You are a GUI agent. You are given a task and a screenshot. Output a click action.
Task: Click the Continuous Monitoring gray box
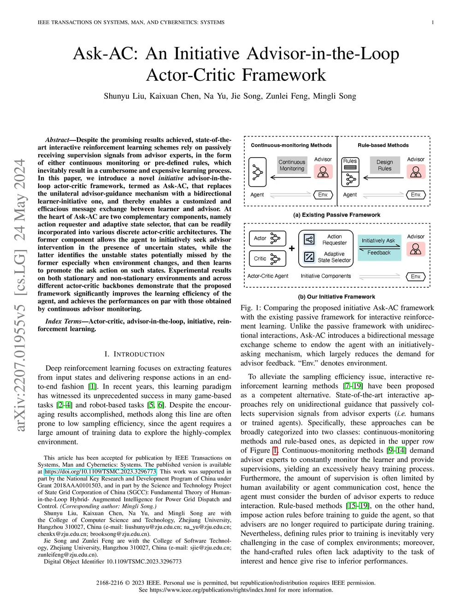click(x=292, y=166)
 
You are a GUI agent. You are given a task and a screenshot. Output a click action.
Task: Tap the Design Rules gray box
click(x=384, y=166)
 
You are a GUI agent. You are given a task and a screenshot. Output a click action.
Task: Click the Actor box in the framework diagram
click(x=267, y=238)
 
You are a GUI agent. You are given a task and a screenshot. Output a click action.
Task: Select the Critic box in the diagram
click(x=267, y=259)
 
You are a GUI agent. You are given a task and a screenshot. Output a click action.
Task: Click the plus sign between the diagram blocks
click(x=292, y=249)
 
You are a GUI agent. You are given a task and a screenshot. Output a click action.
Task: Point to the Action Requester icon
click(x=309, y=240)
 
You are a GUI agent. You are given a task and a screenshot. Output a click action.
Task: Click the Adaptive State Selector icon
click(x=309, y=257)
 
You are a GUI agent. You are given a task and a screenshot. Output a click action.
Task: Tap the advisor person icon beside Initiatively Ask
click(x=415, y=249)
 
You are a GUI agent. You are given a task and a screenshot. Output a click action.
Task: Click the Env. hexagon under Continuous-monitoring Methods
click(x=323, y=195)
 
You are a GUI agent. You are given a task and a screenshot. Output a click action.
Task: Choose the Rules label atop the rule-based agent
click(x=350, y=161)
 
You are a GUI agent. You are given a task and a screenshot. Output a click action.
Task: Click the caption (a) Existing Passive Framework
click(x=336, y=215)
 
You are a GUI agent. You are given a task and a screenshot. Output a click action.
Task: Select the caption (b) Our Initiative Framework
click(x=336, y=297)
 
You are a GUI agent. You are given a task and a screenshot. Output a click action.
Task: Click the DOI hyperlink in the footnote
click(x=100, y=472)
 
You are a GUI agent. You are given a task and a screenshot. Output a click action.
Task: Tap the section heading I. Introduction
click(x=134, y=354)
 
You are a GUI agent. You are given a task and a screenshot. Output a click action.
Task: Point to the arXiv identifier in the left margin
click(x=20, y=295)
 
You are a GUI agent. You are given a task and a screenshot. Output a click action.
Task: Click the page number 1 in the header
click(x=432, y=22)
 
